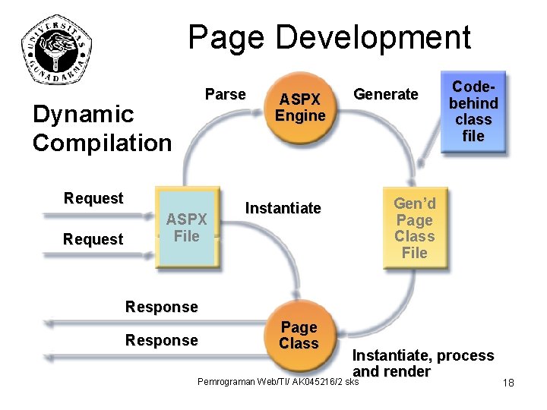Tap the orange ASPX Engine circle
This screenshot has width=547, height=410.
point(300,107)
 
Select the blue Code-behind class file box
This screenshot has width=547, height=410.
point(473,112)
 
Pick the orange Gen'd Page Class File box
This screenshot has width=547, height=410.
point(414,228)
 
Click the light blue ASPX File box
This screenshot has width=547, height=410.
point(186,228)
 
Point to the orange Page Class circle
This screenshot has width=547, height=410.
point(299,335)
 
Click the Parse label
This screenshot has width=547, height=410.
point(225,94)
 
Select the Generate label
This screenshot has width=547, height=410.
point(386,94)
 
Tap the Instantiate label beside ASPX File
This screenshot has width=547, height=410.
point(283,208)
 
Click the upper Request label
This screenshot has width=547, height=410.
point(93,198)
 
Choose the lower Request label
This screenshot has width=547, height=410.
point(93,239)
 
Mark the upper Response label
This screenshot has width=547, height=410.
point(161,307)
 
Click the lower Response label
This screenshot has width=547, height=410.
point(161,340)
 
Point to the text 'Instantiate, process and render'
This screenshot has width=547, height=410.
point(422,363)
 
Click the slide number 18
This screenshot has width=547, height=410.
point(508,383)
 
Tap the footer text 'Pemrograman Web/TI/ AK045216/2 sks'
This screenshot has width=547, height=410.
point(277,381)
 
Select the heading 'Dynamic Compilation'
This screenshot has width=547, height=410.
point(102,128)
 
